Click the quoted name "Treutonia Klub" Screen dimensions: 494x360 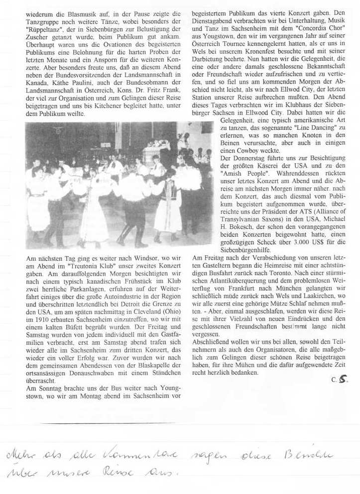point(80,266)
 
